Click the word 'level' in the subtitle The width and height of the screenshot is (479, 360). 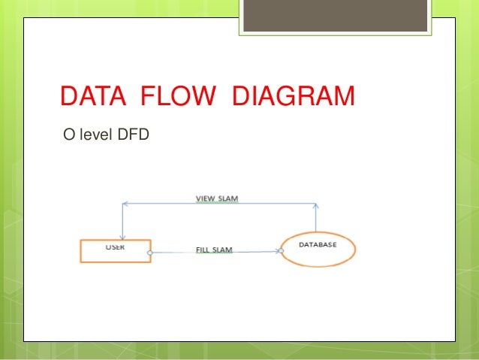pos(92,136)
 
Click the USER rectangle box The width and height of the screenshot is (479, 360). pos(116,251)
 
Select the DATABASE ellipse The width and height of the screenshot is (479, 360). pos(318,250)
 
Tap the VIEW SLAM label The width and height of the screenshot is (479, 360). pos(217,198)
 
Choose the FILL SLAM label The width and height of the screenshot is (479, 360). pos(214,250)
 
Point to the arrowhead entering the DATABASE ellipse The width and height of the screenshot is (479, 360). pos(279,252)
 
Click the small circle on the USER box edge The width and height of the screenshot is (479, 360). pos(151,253)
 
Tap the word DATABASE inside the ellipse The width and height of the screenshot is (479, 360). pos(318,245)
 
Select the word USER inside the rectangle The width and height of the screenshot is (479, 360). pos(115,246)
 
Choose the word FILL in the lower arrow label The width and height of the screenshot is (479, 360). pos(203,250)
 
